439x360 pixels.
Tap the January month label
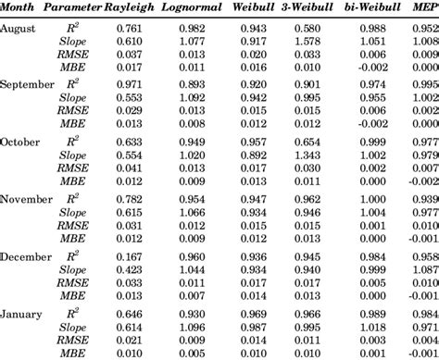click(x=20, y=313)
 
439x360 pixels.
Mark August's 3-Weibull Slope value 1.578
click(x=308, y=42)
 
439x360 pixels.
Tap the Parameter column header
click(x=77, y=9)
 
